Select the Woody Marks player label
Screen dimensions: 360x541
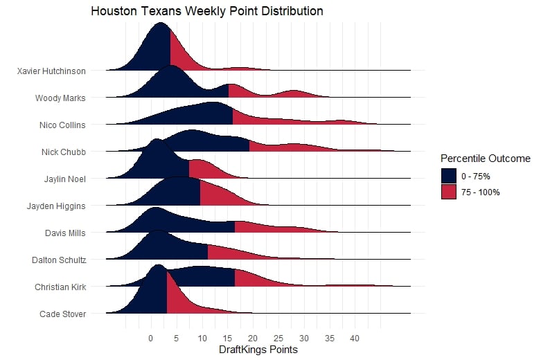[x=60, y=98]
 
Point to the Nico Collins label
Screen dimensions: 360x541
[x=63, y=125]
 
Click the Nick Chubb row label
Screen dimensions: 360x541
[x=64, y=152]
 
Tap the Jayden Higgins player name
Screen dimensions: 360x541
[x=56, y=206]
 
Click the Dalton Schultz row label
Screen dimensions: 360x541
[x=59, y=260]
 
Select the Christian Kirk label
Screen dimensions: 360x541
[x=60, y=287]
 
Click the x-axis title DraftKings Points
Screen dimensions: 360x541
[x=258, y=350]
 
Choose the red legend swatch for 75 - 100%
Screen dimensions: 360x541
[x=449, y=192]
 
